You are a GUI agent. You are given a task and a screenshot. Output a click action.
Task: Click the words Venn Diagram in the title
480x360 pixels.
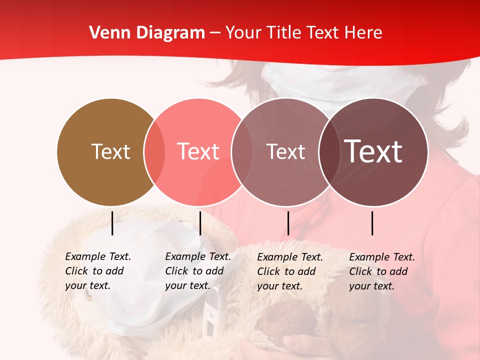point(147,33)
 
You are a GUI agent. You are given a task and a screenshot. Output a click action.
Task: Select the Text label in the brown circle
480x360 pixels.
point(110,151)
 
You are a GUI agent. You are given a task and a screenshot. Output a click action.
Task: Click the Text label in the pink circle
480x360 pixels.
point(198,151)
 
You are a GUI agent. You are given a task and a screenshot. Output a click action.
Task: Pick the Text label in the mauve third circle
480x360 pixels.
point(285,151)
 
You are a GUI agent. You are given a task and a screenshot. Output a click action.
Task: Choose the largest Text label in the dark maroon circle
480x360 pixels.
point(373,151)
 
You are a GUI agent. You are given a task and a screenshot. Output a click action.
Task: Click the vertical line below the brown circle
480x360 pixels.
point(112,223)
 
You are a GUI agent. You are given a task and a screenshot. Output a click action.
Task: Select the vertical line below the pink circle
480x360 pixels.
point(200,223)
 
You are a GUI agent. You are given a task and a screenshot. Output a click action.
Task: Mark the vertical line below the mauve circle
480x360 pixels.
point(288,223)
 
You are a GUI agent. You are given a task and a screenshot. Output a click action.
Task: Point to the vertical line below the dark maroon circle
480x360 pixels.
point(372,223)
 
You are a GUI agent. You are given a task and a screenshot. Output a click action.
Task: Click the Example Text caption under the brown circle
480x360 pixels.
point(97,271)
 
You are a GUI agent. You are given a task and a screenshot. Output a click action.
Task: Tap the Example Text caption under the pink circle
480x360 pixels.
point(197,271)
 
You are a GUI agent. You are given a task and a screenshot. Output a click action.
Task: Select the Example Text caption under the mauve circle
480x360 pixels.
point(289,271)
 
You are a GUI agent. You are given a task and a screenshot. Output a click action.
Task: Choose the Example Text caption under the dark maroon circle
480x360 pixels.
point(381,271)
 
